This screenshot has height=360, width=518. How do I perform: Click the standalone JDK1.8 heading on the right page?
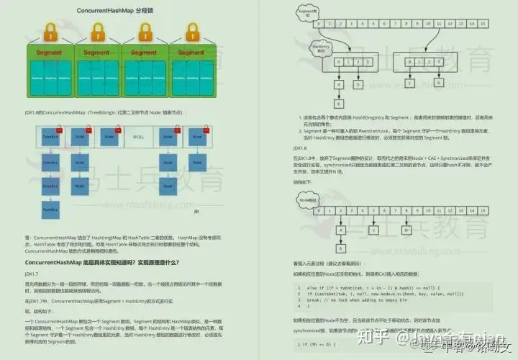coord(301,148)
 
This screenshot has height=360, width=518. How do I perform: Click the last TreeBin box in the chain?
coord(50,210)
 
